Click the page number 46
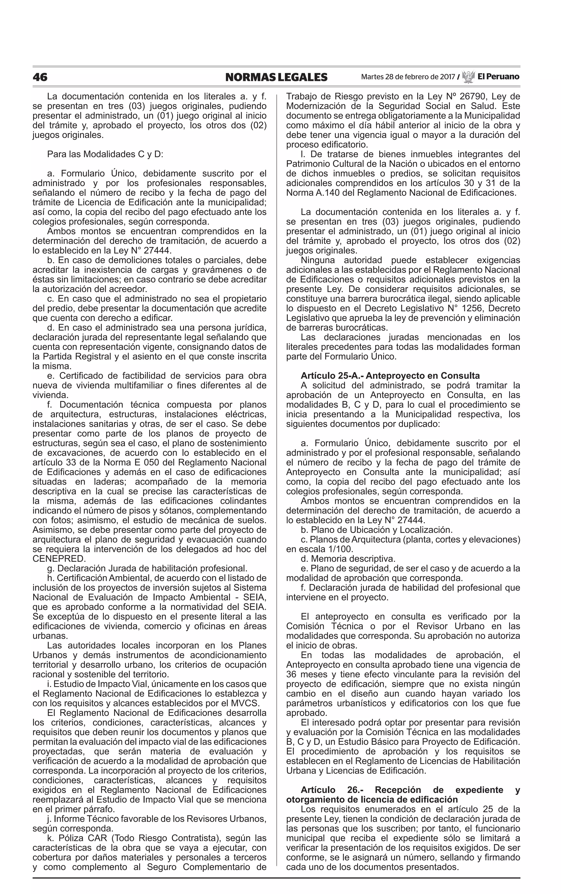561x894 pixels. click(40, 77)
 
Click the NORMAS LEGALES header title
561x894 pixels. click(276, 77)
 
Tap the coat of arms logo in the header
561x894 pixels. click(468, 77)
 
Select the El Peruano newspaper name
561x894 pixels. click(498, 77)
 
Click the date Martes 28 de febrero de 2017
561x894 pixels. click(408, 77)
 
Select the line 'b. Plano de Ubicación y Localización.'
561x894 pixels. click(376, 530)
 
